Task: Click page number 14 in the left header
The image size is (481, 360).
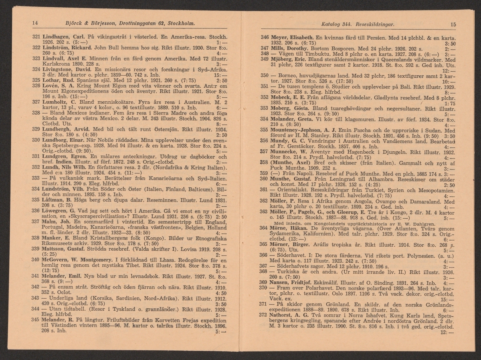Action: coord(34,23)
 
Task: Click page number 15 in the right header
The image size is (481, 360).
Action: coord(453,24)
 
